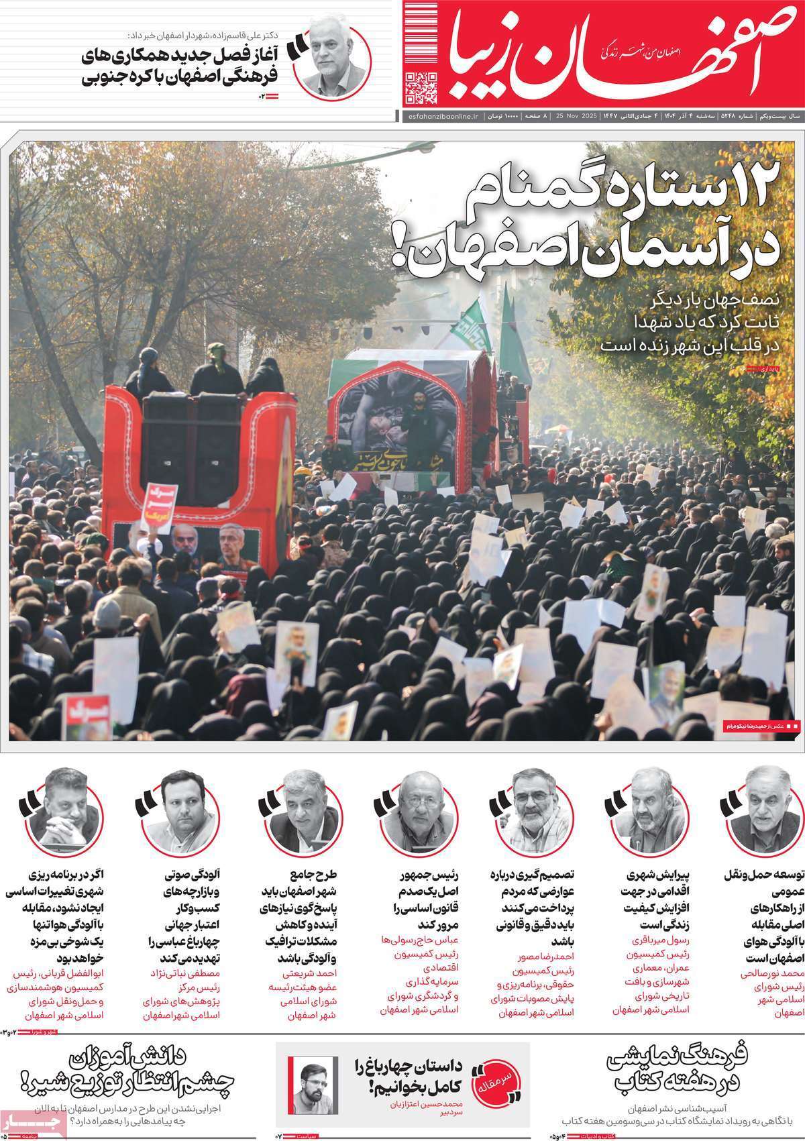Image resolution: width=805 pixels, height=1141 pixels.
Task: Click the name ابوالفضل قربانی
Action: pyautogui.click(x=54, y=955)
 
